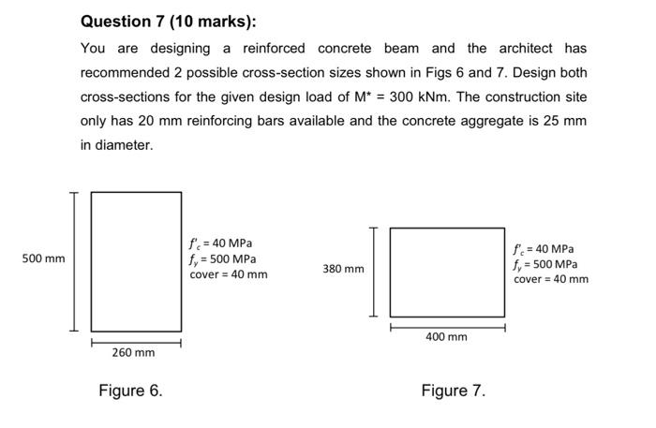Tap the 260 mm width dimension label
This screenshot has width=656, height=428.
tap(133, 353)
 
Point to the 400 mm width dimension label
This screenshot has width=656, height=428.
tap(446, 336)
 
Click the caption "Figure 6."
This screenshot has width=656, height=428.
tap(130, 391)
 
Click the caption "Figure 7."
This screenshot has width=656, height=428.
tap(454, 391)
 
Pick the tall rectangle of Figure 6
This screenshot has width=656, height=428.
tap(136, 260)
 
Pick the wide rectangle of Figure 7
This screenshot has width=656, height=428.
tap(447, 272)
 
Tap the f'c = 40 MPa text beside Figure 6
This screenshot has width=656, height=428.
tap(220, 244)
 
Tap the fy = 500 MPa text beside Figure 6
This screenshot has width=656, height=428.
tap(223, 258)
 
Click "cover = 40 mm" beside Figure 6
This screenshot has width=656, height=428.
tap(229, 274)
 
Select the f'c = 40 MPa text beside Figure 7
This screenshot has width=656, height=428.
tap(544, 249)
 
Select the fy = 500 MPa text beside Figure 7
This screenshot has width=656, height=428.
tap(545, 264)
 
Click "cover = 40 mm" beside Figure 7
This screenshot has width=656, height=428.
tap(551, 279)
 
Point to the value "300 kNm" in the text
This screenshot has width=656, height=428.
tap(391, 96)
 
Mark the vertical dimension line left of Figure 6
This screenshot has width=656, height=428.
tap(70, 260)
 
